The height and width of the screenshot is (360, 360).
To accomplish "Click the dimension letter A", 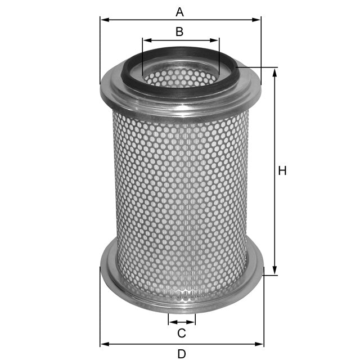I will [x=179, y=11].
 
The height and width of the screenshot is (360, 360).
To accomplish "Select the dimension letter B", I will [x=179, y=31].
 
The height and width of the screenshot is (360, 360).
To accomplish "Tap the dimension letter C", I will [x=181, y=333].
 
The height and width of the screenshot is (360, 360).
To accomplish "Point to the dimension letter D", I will [x=181, y=354].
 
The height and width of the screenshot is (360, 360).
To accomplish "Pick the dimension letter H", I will [x=282, y=171].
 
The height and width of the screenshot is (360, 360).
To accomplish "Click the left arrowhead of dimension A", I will [x=104, y=20].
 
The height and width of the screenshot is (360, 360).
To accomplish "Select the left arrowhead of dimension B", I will [x=146, y=40].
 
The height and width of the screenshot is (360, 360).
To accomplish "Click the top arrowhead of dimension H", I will [x=274, y=72].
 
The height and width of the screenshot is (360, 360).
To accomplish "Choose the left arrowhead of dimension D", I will [x=104, y=343].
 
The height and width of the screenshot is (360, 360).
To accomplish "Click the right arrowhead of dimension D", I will [x=260, y=343].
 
